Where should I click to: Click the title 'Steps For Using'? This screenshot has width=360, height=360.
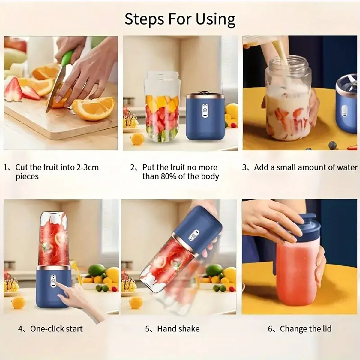[x=180, y=19]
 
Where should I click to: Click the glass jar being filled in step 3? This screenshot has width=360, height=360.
[x=288, y=102]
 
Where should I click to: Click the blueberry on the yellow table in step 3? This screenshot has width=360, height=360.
[x=332, y=145]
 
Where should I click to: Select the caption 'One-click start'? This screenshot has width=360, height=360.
[x=56, y=329]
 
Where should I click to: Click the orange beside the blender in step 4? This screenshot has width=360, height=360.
[x=19, y=302]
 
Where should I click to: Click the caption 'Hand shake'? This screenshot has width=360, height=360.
[x=178, y=329]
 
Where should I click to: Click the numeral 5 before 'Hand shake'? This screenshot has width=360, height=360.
[x=148, y=329]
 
